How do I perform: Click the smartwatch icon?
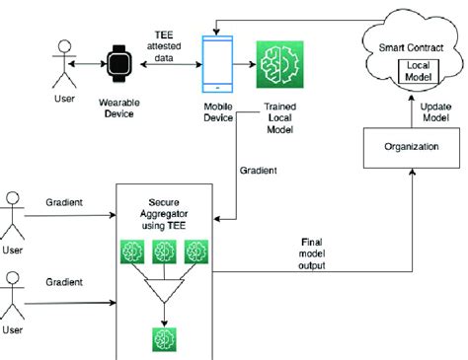(118, 63)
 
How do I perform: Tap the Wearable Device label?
(118, 108)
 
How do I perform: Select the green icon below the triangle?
(163, 339)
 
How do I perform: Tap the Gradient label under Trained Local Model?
(260, 169)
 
